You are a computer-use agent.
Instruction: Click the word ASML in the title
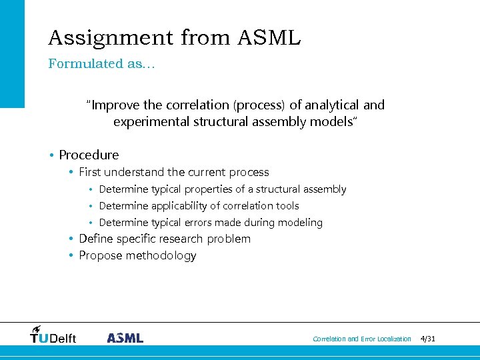(x=269, y=38)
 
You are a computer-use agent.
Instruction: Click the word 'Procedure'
(x=89, y=155)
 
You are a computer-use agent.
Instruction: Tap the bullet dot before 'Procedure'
(x=51, y=155)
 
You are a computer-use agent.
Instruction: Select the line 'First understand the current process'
(x=173, y=172)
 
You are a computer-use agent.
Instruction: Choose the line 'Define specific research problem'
(x=165, y=239)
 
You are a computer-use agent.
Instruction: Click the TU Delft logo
(x=53, y=335)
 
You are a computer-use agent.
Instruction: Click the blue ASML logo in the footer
(x=125, y=337)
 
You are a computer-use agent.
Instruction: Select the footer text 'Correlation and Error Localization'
(x=362, y=339)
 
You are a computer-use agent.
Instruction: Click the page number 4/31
(x=428, y=339)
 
